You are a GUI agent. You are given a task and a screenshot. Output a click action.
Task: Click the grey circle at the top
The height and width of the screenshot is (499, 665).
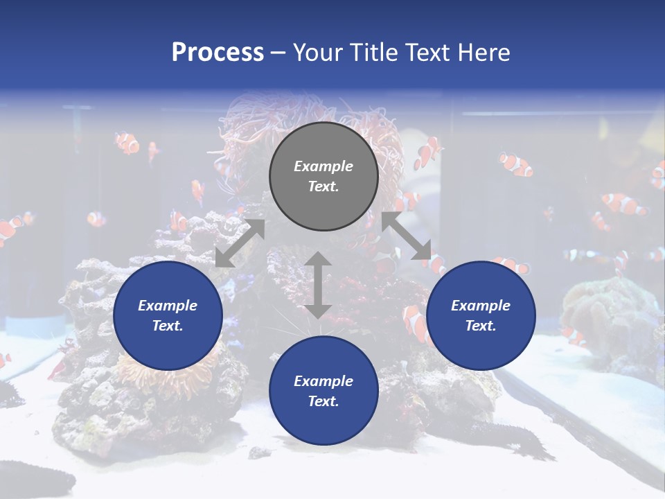pos(323,177)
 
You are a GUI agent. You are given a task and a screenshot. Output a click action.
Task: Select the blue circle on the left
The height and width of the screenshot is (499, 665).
pos(168,315)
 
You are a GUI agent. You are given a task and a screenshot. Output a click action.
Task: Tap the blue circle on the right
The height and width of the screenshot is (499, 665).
pos(481,315)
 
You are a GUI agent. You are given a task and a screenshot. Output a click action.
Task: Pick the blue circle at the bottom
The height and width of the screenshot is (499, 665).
pos(323,391)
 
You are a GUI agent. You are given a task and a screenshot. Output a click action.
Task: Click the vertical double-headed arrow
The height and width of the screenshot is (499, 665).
pos(318,285)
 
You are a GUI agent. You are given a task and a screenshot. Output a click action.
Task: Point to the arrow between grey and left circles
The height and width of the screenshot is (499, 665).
pos(240,243)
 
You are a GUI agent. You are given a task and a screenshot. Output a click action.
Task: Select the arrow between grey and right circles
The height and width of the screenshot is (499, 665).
pos(407,236)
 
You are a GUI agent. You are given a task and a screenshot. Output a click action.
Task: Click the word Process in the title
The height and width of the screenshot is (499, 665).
pos(218,53)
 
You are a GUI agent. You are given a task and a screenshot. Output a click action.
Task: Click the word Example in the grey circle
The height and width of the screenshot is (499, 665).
pos(323,166)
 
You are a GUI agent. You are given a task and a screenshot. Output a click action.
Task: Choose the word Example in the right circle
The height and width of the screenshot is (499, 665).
pos(481,306)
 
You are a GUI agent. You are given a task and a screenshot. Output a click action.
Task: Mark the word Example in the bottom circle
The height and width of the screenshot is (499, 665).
pos(323,381)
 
